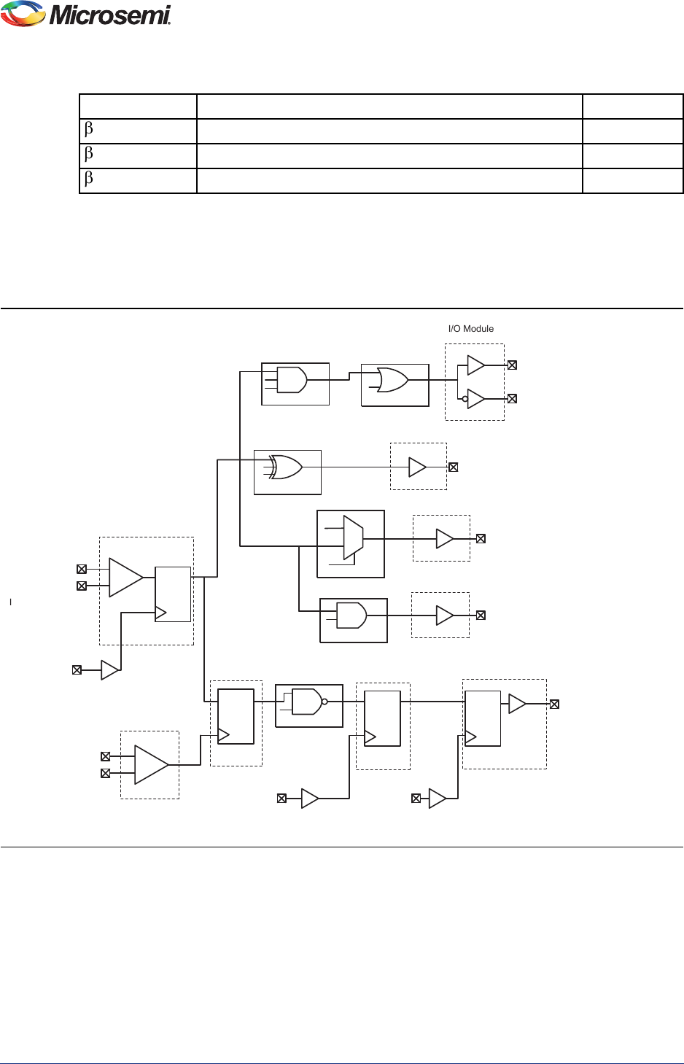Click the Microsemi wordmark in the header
(x=110, y=15)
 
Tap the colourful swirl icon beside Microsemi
(x=23, y=14)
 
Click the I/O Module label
(x=470, y=329)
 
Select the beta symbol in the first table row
(x=89, y=130)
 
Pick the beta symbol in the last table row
(x=89, y=179)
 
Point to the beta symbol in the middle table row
(x=89, y=155)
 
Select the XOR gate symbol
(x=285, y=467)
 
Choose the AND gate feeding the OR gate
(x=292, y=380)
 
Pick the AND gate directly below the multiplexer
(x=351, y=616)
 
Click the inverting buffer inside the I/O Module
(x=475, y=399)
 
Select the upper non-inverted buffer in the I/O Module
(x=475, y=365)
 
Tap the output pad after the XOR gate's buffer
(x=453, y=467)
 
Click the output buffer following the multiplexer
(x=444, y=539)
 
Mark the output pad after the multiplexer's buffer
(x=481, y=539)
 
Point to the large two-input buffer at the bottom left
(x=151, y=764)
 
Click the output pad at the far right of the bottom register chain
(x=554, y=704)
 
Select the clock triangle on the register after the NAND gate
(x=370, y=737)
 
